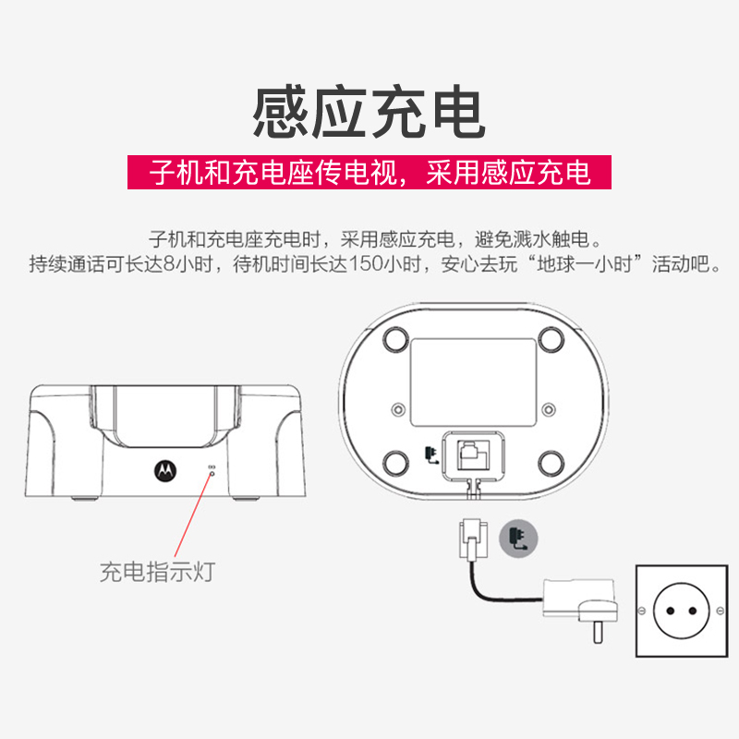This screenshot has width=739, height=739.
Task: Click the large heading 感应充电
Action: [369, 112]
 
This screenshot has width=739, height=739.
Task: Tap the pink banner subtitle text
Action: [369, 173]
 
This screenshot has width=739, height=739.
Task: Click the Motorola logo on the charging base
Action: [165, 470]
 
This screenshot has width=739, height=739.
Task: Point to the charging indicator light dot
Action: [212, 473]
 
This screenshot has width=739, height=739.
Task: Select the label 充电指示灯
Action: [157, 572]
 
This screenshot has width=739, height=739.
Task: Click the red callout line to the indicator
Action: [193, 515]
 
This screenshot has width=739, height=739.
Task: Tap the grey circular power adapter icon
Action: [518, 539]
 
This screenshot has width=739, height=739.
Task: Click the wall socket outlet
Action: [682, 611]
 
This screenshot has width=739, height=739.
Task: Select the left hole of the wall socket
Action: [671, 612]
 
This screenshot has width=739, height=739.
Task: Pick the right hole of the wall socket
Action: [692, 612]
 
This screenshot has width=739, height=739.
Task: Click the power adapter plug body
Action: [581, 606]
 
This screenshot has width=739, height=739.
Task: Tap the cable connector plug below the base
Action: [473, 539]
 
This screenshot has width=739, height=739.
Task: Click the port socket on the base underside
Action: [473, 455]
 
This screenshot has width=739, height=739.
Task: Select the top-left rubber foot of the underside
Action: [396, 339]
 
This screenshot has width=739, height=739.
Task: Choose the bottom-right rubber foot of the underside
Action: [551, 464]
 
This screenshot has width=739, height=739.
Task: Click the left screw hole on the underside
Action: [399, 409]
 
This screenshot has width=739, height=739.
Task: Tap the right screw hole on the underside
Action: [548, 409]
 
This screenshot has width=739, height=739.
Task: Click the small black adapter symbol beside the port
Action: [431, 454]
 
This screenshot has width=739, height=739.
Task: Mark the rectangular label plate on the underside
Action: [474, 382]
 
